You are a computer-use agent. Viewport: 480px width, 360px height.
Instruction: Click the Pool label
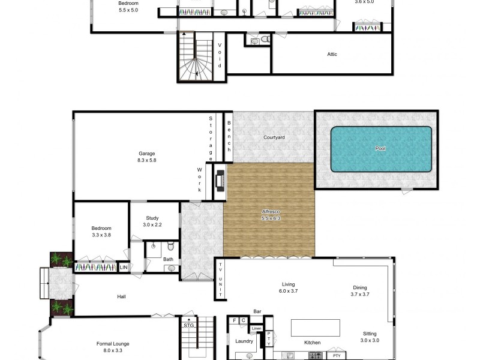[380, 148]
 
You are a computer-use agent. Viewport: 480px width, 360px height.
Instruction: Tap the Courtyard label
[274, 137]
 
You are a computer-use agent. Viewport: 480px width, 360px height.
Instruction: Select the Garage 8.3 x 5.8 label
[147, 157]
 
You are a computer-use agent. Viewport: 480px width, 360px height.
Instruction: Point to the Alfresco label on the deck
[271, 215]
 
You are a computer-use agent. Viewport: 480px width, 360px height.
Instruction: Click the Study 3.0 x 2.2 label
[152, 221]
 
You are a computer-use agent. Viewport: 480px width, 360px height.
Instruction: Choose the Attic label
[332, 55]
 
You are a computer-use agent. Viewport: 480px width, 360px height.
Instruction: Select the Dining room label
[359, 291]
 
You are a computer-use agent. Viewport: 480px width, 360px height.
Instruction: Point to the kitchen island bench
[316, 328]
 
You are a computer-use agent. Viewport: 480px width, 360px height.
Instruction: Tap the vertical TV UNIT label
[220, 280]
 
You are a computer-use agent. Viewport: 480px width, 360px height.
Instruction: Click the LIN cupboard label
[124, 268]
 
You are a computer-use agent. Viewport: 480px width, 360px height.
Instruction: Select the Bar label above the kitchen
[257, 311]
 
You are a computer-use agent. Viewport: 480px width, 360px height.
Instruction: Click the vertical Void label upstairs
[220, 56]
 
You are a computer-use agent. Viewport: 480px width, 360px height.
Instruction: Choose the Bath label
[168, 259]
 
